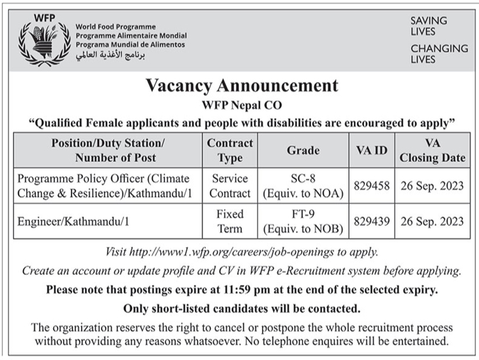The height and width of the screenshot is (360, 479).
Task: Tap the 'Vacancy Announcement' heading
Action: point(241,86)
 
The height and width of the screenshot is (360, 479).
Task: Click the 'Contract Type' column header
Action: point(230,150)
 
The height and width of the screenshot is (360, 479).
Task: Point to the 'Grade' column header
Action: point(303,150)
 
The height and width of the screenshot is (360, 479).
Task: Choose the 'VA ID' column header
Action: point(371,150)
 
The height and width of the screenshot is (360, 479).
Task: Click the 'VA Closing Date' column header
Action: point(433,150)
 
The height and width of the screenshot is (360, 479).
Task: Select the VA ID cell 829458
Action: point(371,186)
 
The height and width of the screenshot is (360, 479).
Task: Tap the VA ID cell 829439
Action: point(371,221)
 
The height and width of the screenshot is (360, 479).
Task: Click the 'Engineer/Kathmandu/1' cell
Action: point(74,221)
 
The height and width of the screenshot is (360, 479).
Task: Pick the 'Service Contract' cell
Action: point(230,186)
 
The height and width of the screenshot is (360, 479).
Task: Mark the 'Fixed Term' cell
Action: point(230,221)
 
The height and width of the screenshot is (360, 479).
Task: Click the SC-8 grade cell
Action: point(303,186)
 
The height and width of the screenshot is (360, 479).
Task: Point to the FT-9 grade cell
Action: point(303,221)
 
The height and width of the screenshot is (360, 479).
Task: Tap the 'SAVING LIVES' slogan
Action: point(428,26)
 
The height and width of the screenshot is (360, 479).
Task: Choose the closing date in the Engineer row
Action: point(433,221)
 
